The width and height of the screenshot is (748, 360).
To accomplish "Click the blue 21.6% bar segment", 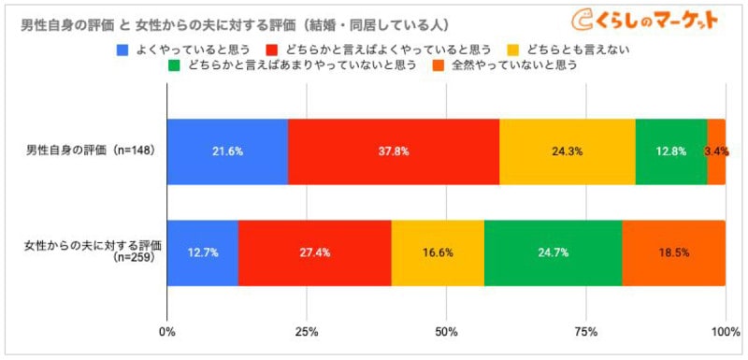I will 227,151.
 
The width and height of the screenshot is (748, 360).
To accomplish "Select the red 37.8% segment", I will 394,151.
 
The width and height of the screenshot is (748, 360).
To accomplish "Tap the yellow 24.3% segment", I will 567,151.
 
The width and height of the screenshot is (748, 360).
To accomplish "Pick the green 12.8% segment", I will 670,151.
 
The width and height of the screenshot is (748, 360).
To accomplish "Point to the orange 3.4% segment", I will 715,151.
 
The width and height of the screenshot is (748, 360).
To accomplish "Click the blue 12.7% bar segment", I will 203,252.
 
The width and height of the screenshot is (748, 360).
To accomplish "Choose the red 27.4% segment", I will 315,252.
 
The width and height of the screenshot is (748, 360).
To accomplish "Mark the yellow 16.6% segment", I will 438,252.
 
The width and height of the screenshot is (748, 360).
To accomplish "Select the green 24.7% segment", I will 553,252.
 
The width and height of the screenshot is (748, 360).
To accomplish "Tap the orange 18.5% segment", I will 673,252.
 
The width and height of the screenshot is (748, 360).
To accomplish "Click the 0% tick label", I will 168,331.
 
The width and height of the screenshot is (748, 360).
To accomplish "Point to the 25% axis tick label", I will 307,331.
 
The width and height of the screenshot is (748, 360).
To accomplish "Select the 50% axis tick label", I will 446,331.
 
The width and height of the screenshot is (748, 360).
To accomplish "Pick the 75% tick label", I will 585,331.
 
